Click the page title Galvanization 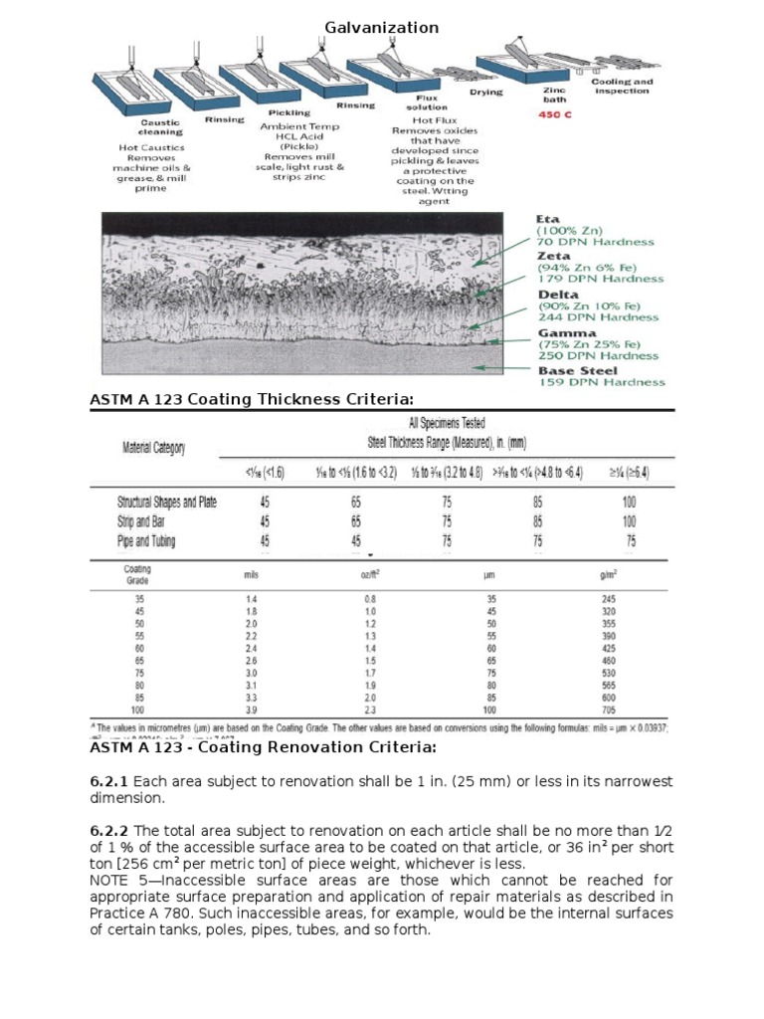[x=382, y=28]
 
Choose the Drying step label [x=486, y=93]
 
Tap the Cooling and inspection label [x=622, y=87]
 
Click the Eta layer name [x=548, y=219]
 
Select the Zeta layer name [x=553, y=256]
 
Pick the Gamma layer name [x=567, y=332]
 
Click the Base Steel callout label [x=578, y=370]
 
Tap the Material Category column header [x=153, y=448]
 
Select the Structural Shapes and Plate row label [x=166, y=503]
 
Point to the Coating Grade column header [x=136, y=574]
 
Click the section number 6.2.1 [x=109, y=781]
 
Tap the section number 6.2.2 [x=109, y=831]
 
